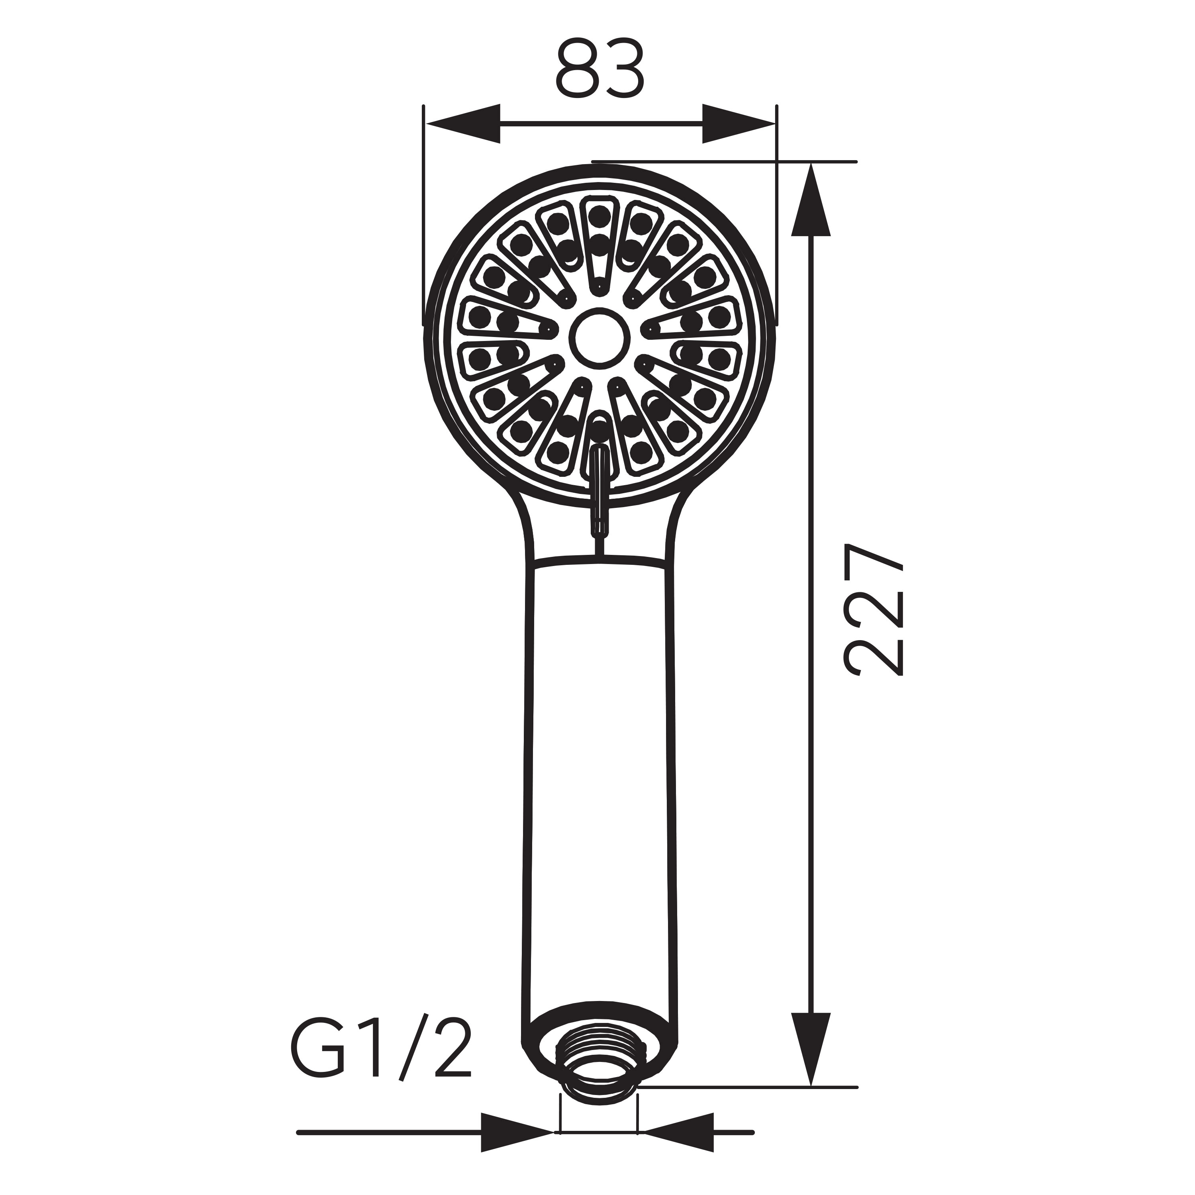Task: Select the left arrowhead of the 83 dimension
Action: click(x=462, y=124)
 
